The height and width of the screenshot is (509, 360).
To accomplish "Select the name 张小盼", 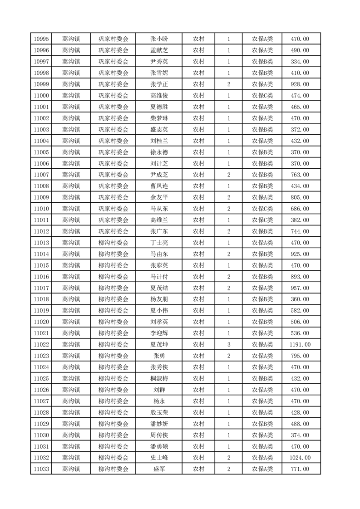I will coord(159,39).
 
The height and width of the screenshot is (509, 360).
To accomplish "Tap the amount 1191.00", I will coord(300,345).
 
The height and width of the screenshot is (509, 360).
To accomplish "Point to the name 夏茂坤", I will coord(159,345).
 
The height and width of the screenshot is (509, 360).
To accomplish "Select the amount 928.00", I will coord(300,84).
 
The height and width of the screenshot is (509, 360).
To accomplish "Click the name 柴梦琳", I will coord(159,118).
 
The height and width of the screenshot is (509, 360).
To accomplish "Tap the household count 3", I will coord(228,345).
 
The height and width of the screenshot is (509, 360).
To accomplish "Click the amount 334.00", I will coord(300,62).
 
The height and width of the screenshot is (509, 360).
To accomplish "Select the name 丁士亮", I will coord(159,243).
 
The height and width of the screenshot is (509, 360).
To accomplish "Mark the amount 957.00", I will coord(300,288).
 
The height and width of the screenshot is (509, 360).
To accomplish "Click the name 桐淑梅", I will coord(159,379).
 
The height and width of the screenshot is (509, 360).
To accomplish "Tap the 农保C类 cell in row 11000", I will coord(262,96).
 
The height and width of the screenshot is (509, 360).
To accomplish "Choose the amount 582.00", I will coord(300,311).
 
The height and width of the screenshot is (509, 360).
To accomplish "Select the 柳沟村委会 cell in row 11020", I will coord(113,322).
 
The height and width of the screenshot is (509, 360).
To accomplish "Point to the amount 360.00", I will coord(300,299).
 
